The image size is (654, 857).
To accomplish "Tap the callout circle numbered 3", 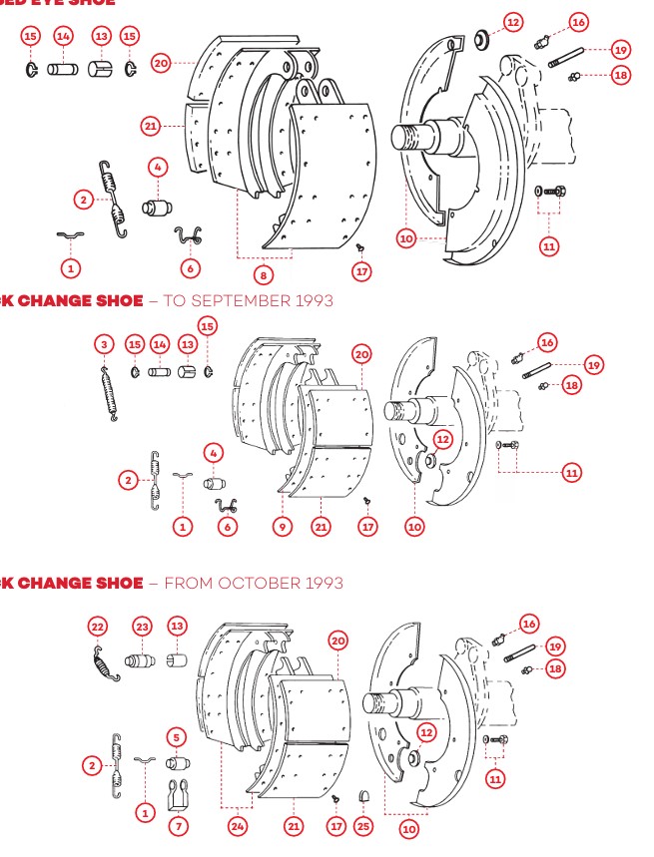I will pos(104,344).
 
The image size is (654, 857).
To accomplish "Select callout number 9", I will pos(283,526).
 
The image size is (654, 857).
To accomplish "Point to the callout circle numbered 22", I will pos(97,627).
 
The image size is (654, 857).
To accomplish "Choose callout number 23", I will pos(143,627).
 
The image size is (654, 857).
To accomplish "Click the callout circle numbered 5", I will pos(176,737).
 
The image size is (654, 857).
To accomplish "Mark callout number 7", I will pos(178,826).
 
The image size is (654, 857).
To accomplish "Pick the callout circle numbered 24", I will pos(237,826).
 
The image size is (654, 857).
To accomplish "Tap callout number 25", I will pos(363,826).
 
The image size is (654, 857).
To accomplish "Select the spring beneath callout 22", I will pos(105,663).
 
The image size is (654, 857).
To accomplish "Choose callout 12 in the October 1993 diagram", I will pos(426,732).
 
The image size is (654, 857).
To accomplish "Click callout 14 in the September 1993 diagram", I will pos(158,344).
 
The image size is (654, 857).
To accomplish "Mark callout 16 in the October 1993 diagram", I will pos(529,624).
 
